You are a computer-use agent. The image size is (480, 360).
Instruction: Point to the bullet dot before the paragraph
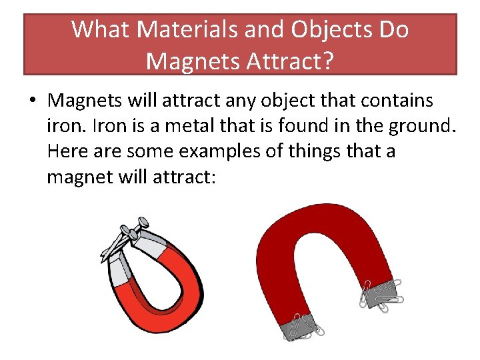[32, 101]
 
